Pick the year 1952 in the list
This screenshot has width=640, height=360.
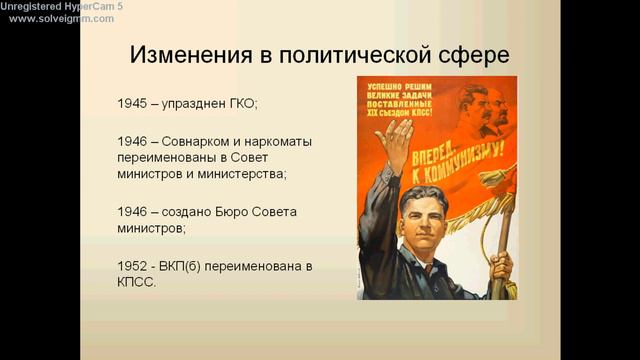click(x=134, y=265)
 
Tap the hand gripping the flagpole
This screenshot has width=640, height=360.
click(x=500, y=265)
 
